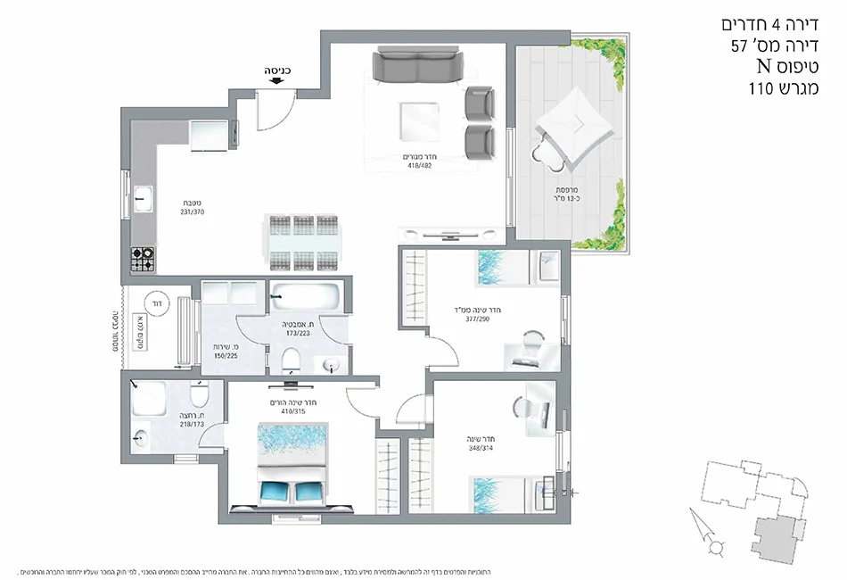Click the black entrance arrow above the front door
[x=275, y=79]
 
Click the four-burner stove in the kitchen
[x=144, y=260]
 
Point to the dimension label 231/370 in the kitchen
[x=192, y=212]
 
